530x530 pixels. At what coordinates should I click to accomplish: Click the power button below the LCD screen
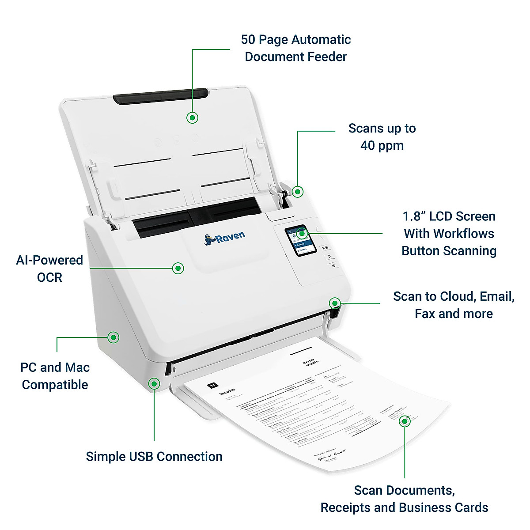pos(333,265)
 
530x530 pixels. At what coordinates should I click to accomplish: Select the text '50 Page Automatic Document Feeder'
pos(295,48)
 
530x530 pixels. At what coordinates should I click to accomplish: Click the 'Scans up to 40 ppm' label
pos(382,137)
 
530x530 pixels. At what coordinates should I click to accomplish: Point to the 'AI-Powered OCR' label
pos(49,269)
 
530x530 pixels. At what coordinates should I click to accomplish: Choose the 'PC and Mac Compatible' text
pos(55,376)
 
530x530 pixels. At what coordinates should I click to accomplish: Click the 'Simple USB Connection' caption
pos(154,457)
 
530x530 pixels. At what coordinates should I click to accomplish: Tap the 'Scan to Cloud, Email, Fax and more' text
pos(454,305)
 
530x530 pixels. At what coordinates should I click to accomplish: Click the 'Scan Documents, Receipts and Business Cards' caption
pos(404,499)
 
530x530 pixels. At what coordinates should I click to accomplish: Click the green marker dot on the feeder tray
pos(193,117)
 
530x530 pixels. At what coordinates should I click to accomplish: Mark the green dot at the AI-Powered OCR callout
pos(178,268)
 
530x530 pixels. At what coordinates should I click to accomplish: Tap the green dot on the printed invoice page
pos(405,421)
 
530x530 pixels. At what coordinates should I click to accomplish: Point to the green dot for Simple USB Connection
pos(154,383)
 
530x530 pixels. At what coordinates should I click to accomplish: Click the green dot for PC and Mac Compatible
pos(114,337)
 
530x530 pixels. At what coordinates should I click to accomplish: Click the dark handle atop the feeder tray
pos(160,97)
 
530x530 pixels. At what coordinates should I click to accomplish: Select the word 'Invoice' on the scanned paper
pos(228,392)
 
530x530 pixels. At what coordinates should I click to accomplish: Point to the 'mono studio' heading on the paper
pos(310,363)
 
